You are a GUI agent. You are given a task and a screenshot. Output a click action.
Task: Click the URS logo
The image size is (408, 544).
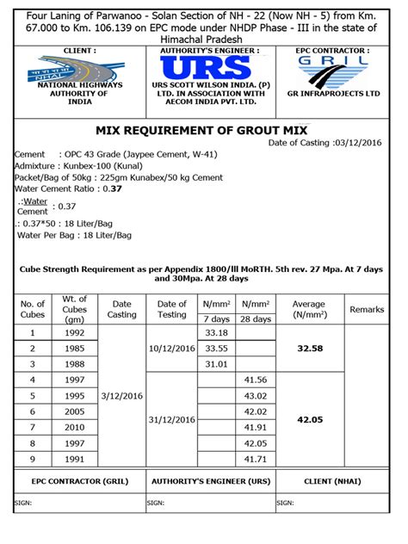[x=202, y=69]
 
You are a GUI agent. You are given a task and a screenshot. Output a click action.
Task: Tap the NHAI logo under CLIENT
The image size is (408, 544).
[x=68, y=68]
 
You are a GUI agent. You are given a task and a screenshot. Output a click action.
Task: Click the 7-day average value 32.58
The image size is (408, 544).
[x=308, y=349]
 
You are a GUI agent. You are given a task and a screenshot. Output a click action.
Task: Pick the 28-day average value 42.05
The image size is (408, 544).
[x=308, y=419]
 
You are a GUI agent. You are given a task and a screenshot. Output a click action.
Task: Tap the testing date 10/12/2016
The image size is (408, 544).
[x=172, y=349]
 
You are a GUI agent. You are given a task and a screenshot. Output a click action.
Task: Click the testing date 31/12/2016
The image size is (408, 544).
[x=172, y=419]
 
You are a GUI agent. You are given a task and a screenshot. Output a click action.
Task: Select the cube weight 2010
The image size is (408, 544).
[x=75, y=427]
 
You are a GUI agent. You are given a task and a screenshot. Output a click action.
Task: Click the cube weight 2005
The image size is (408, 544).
[x=75, y=411]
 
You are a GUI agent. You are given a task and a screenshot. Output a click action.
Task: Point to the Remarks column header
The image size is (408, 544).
[x=367, y=309]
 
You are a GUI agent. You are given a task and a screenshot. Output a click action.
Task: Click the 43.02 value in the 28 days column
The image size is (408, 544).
[x=256, y=396]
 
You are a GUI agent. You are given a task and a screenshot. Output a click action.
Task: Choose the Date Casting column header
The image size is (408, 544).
[x=122, y=309]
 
